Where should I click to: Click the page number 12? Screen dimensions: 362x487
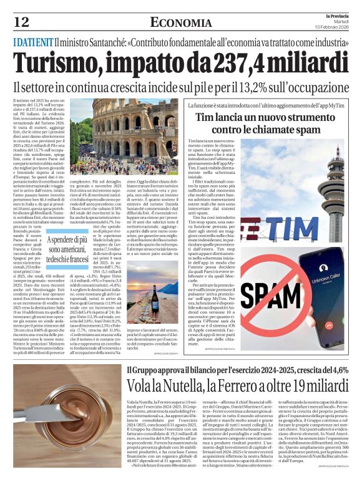pos(21,22)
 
